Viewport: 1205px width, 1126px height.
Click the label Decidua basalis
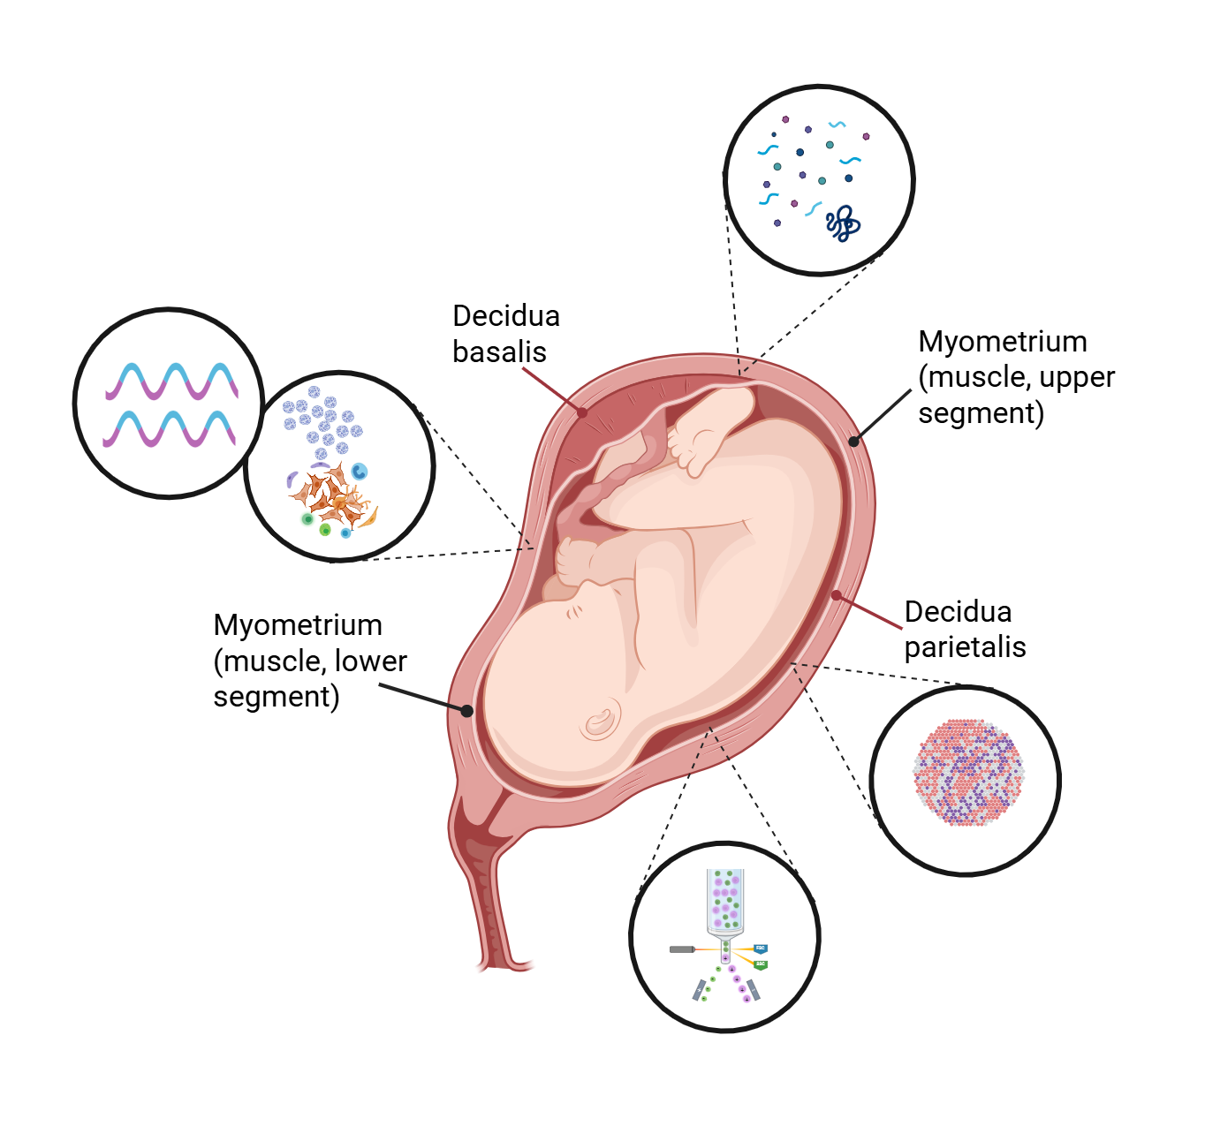pyautogui.click(x=505, y=334)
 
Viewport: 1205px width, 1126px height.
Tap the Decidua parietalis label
pyautogui.click(x=964, y=629)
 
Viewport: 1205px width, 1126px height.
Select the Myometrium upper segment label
pyautogui.click(x=1015, y=377)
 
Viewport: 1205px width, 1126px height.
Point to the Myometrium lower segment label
pyautogui.click(x=309, y=661)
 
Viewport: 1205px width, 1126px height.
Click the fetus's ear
pyautogui.click(x=601, y=722)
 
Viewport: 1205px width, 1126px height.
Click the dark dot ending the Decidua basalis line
pyautogui.click(x=582, y=412)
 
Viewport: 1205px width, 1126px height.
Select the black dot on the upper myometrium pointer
pyautogui.click(x=853, y=441)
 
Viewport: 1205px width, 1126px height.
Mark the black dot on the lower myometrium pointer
pyautogui.click(x=467, y=710)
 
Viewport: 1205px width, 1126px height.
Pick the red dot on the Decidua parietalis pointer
pyautogui.click(x=837, y=595)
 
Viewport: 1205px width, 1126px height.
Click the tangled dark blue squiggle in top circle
pyautogui.click(x=843, y=223)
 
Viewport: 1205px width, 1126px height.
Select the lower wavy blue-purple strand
pyautogui.click(x=169, y=429)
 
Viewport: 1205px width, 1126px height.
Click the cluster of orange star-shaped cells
pyautogui.click(x=332, y=500)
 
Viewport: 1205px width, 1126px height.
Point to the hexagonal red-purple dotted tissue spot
pyautogui.click(x=968, y=772)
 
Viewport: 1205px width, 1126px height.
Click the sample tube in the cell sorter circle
pyautogui.click(x=725, y=901)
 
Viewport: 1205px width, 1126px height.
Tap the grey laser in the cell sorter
pyautogui.click(x=682, y=949)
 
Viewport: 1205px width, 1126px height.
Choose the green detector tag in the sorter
pyautogui.click(x=760, y=964)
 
